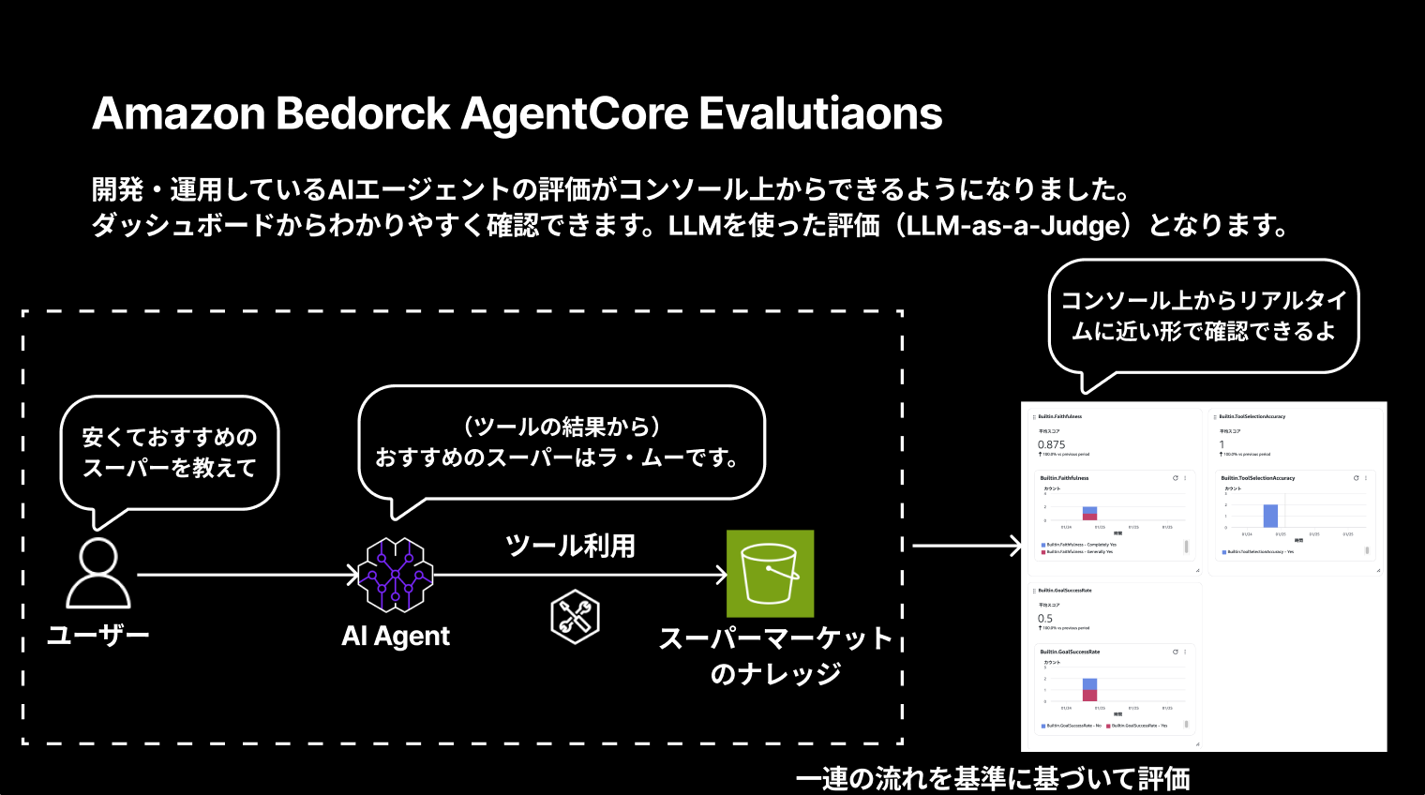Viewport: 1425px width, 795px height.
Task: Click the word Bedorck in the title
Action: [363, 113]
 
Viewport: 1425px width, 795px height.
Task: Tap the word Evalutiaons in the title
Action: [820, 113]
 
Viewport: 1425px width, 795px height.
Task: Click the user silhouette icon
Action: [98, 573]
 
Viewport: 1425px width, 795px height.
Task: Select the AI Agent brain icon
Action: [396, 574]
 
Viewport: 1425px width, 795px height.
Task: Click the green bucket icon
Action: [770, 574]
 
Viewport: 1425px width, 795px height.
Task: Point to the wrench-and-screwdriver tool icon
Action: [574, 617]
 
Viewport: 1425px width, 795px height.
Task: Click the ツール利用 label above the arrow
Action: [570, 546]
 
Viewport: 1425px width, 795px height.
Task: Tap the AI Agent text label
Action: [396, 636]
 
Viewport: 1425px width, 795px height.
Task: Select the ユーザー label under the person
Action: [98, 636]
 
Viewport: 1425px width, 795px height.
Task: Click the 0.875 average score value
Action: [1051, 444]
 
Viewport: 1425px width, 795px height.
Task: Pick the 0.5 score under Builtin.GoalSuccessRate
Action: [1044, 619]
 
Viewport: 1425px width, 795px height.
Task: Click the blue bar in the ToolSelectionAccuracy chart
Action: [1270, 516]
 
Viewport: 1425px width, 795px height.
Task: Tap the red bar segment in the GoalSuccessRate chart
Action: [1089, 695]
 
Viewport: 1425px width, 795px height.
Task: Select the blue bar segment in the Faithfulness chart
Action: [1089, 510]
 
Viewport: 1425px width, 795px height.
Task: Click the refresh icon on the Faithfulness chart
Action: [1175, 478]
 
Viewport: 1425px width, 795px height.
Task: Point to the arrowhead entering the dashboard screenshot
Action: [1016, 546]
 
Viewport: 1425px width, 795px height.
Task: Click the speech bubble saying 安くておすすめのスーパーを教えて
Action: [170, 452]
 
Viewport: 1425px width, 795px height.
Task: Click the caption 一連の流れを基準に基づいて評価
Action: [993, 779]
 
